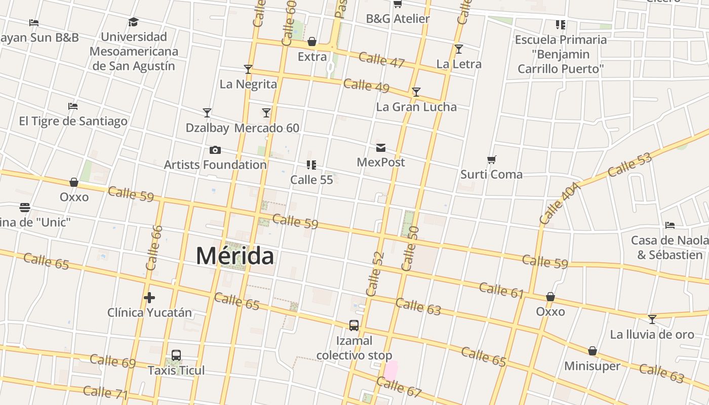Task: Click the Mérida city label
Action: (x=235, y=256)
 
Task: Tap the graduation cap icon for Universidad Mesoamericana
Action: (x=133, y=22)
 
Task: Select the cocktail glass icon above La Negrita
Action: (x=248, y=69)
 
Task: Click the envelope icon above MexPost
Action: (x=381, y=148)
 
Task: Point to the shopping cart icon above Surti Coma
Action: (x=491, y=160)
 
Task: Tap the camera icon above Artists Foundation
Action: (x=215, y=150)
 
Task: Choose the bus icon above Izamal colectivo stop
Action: (x=354, y=326)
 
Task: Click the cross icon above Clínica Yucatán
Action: (x=149, y=298)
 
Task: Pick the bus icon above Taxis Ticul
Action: (x=176, y=355)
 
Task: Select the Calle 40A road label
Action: (x=560, y=204)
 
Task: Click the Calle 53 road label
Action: (x=629, y=165)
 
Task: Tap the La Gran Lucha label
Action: (x=416, y=107)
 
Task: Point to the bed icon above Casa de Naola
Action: (x=670, y=225)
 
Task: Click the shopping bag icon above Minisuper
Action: (x=593, y=351)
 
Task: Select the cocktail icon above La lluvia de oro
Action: (x=652, y=319)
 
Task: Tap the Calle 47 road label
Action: (x=381, y=60)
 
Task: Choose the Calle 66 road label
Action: (x=153, y=248)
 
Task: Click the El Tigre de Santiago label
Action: (x=73, y=121)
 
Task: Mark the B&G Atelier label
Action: (x=398, y=19)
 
